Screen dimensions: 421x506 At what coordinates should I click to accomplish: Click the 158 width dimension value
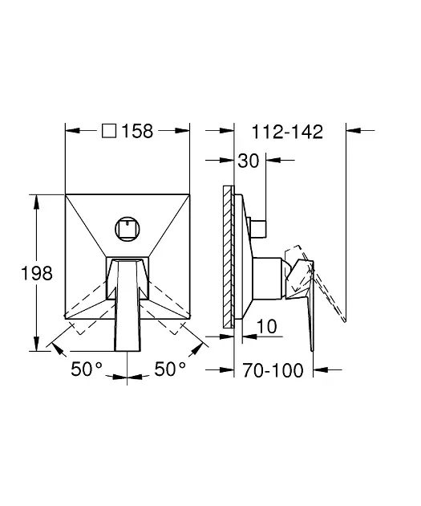tap(137, 131)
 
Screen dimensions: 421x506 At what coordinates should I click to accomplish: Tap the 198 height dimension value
tap(37, 273)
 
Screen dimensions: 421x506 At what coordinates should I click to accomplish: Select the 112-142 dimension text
tap(287, 132)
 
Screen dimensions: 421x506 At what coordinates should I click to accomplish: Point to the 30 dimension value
tap(249, 161)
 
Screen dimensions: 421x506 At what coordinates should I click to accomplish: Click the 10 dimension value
tap(267, 326)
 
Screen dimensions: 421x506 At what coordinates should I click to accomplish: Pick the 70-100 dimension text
tap(273, 369)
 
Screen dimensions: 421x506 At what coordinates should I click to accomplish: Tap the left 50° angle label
tap(87, 369)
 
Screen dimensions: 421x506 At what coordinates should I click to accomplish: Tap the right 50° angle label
tap(170, 369)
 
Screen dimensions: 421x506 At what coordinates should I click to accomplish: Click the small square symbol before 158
tap(109, 131)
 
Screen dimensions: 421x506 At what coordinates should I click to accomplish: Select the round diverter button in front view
tap(128, 229)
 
